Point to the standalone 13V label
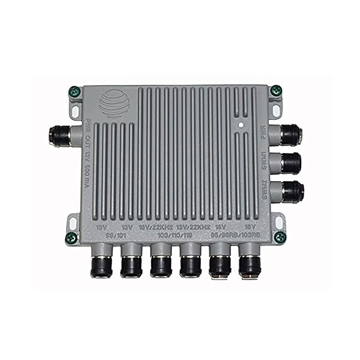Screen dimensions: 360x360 click(127, 229)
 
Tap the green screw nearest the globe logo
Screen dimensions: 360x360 click(75, 92)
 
